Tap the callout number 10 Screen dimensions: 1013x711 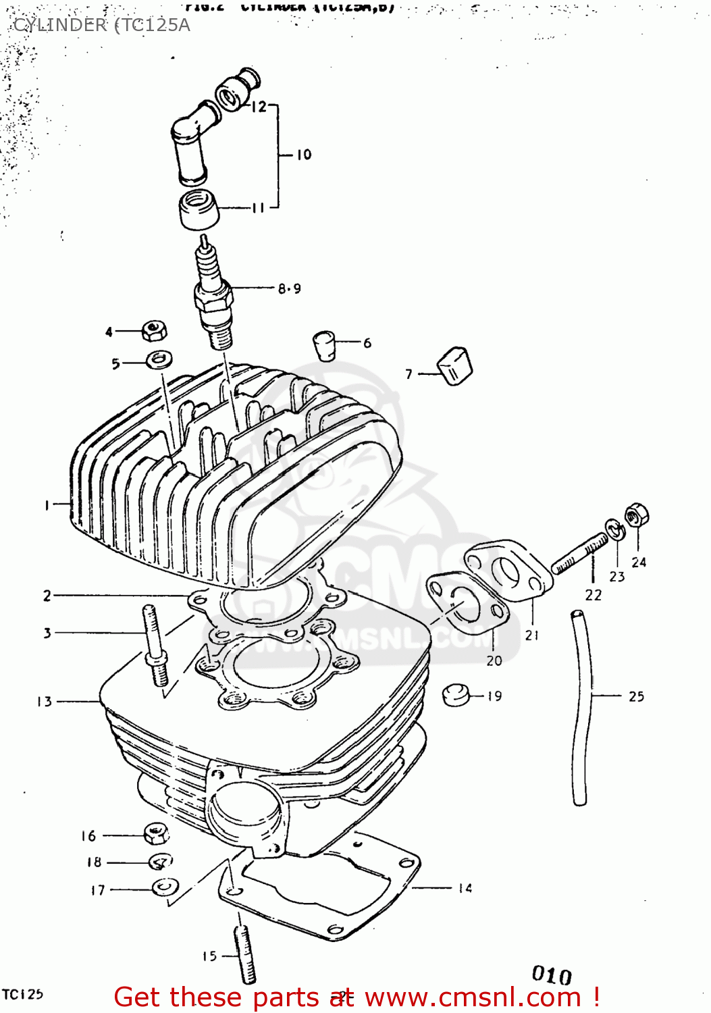click(x=304, y=155)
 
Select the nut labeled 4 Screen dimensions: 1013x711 click(x=155, y=331)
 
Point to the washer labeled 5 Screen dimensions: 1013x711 click(x=159, y=359)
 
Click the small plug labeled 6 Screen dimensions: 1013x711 click(x=325, y=345)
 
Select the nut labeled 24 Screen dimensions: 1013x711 click(x=636, y=517)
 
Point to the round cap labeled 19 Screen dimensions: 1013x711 click(x=456, y=694)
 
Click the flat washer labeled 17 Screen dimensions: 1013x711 click(x=163, y=887)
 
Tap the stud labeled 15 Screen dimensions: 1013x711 click(x=245, y=955)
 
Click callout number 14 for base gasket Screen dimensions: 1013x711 click(x=465, y=888)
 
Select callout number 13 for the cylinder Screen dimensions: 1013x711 click(x=45, y=702)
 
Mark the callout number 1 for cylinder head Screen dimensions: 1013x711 click(x=47, y=504)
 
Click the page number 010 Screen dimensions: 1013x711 click(x=551, y=975)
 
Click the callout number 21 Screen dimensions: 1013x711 click(x=532, y=635)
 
